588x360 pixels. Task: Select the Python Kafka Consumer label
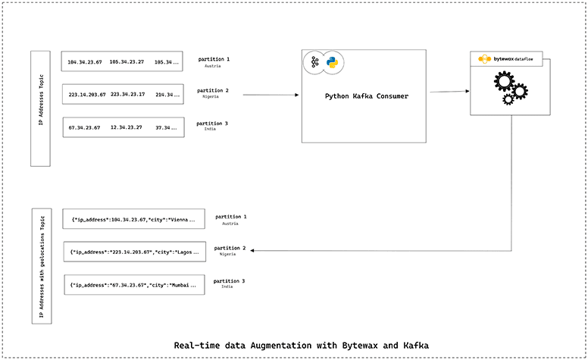click(x=366, y=96)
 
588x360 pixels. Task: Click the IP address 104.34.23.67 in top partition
click(x=83, y=62)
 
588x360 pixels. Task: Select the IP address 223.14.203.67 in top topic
click(x=86, y=95)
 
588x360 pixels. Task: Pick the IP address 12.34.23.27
click(x=126, y=127)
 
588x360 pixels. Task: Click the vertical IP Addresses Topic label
click(x=40, y=108)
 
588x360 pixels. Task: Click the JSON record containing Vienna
click(x=133, y=220)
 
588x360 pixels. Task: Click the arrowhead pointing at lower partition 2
click(x=252, y=251)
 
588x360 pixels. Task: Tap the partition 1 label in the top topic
click(x=213, y=58)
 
